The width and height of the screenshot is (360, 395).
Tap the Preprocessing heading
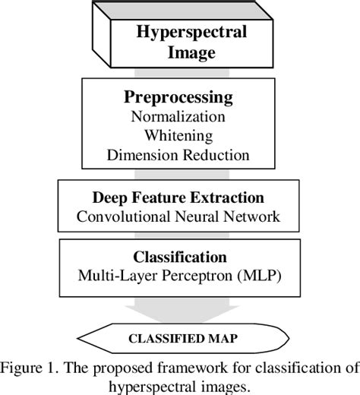pos(179,100)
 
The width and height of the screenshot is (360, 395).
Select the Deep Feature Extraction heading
pos(179,198)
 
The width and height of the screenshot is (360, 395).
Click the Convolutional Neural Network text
pos(179,216)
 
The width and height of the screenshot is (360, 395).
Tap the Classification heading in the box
pos(179,258)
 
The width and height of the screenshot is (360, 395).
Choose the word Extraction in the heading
pos(228,198)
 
